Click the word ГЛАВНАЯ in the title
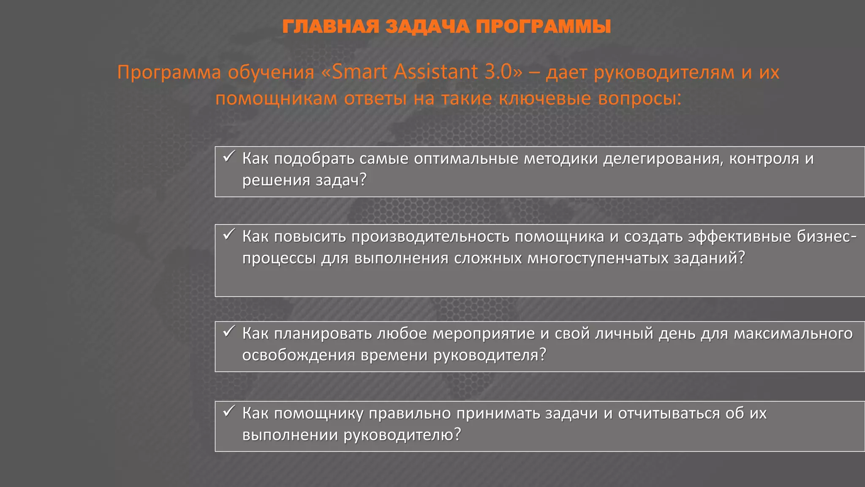coord(331,27)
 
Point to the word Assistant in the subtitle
coord(435,72)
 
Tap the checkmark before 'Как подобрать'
coord(228,157)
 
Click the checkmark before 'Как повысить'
coord(228,235)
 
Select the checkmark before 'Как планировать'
coord(228,332)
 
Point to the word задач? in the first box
coord(341,181)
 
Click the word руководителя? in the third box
coord(490,355)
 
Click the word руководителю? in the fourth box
coord(402,435)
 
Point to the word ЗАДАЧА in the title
coord(427,27)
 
